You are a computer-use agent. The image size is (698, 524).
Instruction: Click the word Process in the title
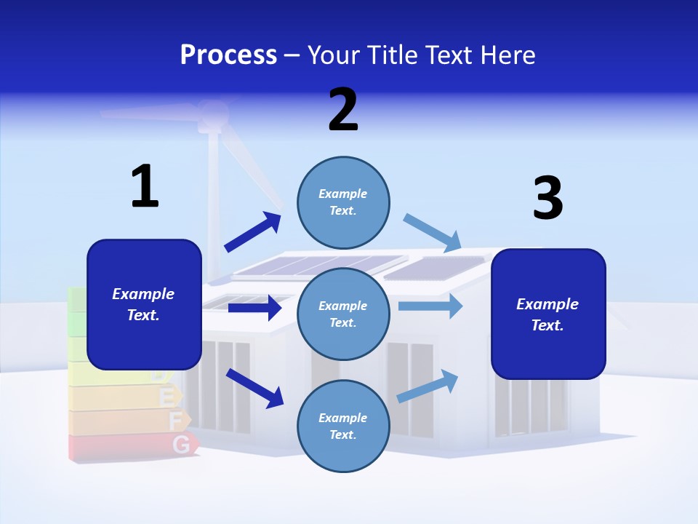tap(228, 55)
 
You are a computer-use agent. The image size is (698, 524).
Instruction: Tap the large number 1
tap(145, 187)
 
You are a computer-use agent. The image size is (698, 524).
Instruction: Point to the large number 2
tap(343, 110)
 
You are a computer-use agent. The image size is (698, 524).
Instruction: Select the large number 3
tap(547, 199)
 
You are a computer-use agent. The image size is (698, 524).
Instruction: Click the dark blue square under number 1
tap(144, 304)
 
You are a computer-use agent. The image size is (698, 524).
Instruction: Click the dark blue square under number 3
tap(548, 314)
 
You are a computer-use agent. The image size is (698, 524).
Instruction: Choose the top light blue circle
tap(343, 202)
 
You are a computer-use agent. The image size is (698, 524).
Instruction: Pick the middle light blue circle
tap(343, 314)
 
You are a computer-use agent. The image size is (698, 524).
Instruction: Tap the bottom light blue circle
tap(343, 426)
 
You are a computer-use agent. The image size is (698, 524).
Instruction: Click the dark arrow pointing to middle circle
tap(254, 309)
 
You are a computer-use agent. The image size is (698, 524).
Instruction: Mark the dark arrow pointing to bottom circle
tap(254, 388)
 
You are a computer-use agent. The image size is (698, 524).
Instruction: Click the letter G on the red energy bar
tap(182, 444)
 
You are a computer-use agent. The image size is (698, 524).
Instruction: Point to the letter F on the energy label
tap(175, 421)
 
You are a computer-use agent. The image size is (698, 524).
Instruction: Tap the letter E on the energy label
tap(167, 398)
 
